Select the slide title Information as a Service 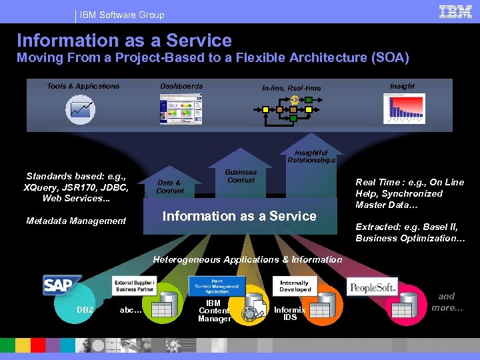(124, 41)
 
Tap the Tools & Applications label (83, 86)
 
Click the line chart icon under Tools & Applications (80, 109)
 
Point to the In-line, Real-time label (291, 88)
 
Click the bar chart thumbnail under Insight (403, 108)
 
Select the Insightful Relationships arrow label (311, 156)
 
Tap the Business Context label (241, 175)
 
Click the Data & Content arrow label (169, 187)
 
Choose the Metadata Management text (76, 221)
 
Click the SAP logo (61, 285)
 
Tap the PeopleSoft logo (372, 287)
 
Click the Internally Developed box (295, 286)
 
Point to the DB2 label (85, 309)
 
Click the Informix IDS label (290, 313)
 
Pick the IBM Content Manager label (214, 311)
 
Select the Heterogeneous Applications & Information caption (247, 259)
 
